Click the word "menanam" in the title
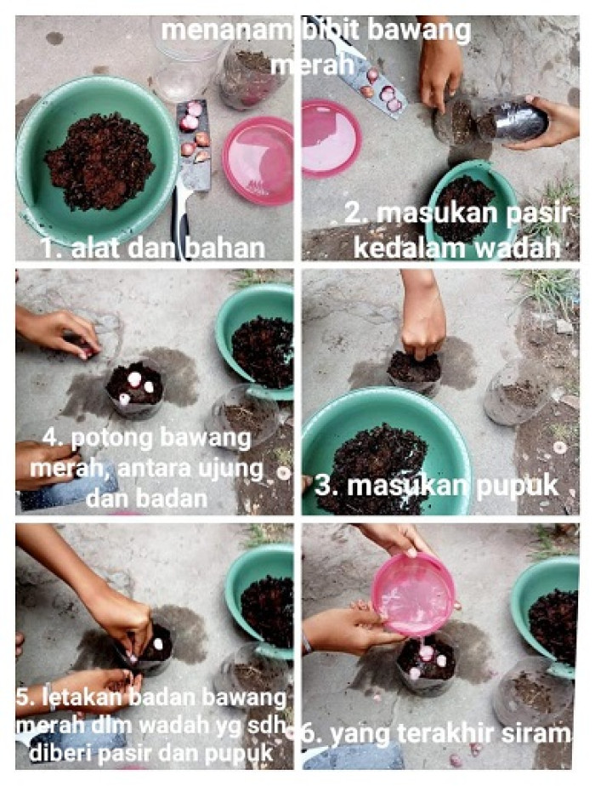[x=226, y=31]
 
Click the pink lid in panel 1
[x=258, y=161]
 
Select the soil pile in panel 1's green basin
[x=99, y=162]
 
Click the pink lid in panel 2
[x=331, y=139]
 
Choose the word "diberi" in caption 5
[x=61, y=753]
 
